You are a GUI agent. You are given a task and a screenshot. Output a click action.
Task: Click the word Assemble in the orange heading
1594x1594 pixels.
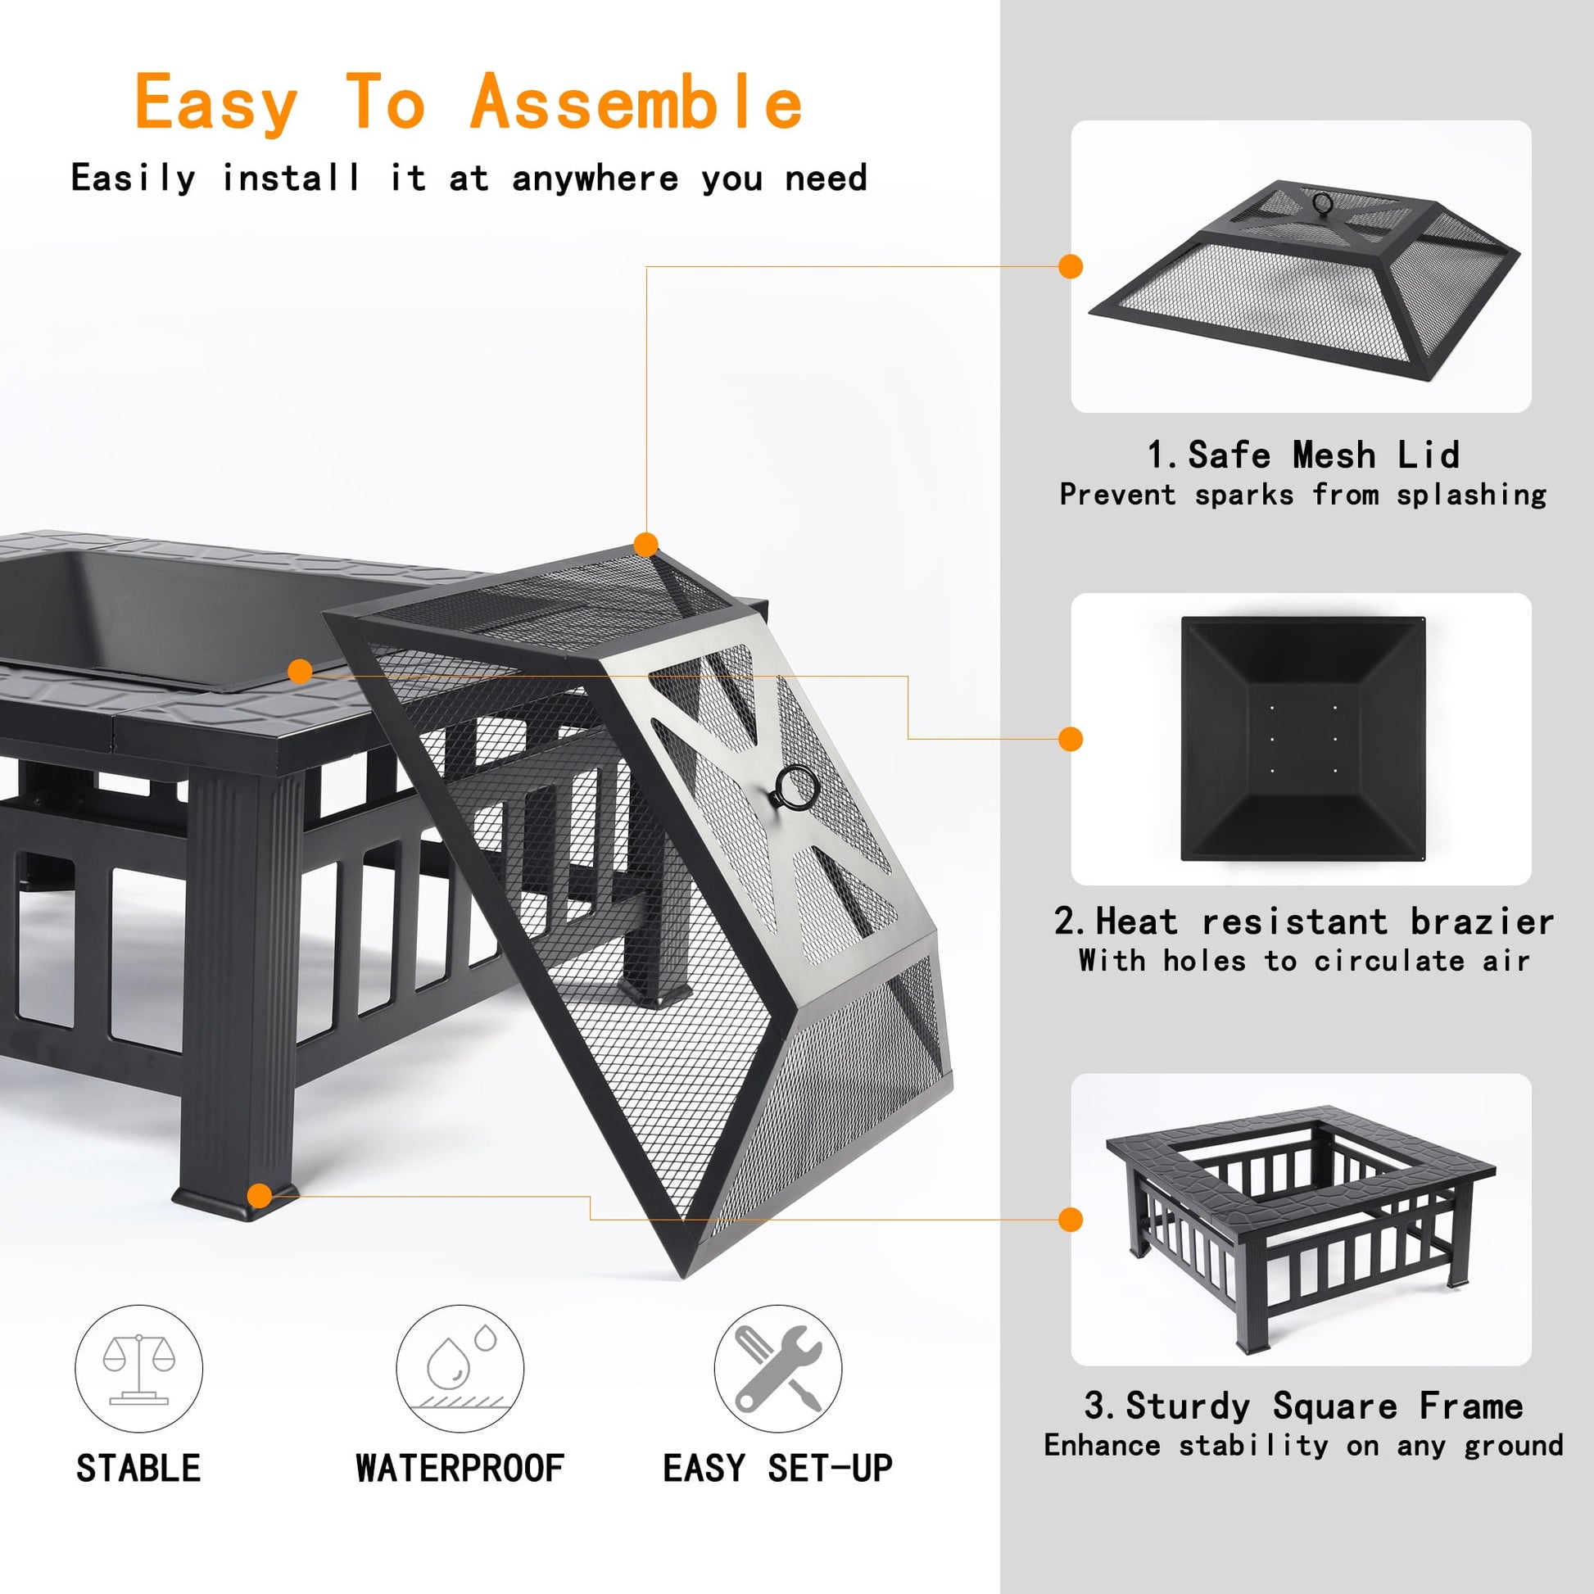click(x=636, y=102)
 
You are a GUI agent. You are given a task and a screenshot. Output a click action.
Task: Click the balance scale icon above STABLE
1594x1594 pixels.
click(x=138, y=1369)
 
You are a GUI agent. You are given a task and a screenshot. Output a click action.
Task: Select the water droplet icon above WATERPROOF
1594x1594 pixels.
click(x=460, y=1369)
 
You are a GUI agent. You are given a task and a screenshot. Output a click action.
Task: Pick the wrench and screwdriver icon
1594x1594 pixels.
click(x=778, y=1369)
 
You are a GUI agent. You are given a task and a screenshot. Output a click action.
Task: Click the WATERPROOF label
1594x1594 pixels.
click(x=460, y=1469)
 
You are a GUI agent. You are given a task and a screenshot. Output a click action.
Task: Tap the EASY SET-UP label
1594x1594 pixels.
click(x=777, y=1469)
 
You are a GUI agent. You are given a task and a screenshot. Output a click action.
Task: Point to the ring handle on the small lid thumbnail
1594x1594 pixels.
click(x=1323, y=203)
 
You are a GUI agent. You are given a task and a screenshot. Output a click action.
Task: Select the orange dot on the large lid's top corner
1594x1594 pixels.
click(x=646, y=545)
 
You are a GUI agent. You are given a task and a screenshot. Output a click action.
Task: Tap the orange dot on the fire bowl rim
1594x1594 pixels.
click(x=301, y=671)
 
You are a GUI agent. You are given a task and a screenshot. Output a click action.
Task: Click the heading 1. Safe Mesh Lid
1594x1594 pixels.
click(x=1302, y=455)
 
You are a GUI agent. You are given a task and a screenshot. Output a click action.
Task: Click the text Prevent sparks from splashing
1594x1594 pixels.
click(x=1302, y=495)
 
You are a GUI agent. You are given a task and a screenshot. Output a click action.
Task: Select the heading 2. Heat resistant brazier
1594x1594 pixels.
click(x=1302, y=922)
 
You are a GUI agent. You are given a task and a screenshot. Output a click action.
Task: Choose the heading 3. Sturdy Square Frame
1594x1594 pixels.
click(x=1302, y=1406)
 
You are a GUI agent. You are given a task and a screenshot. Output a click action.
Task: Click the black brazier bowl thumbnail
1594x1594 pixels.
click(x=1302, y=738)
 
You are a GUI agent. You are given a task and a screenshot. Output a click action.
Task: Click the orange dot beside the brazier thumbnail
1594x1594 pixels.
click(x=1070, y=739)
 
